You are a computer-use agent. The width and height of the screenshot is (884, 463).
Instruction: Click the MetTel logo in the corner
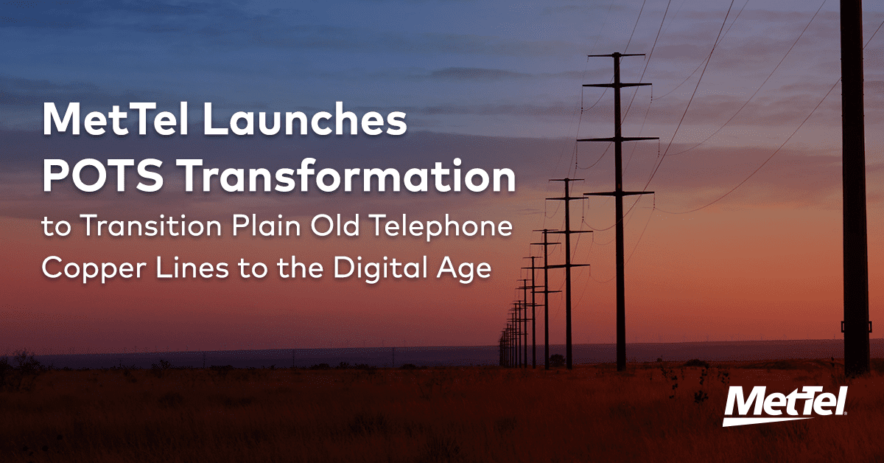point(785,405)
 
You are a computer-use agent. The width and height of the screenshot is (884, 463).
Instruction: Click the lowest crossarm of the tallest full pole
point(617,193)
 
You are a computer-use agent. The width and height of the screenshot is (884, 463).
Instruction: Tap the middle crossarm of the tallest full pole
point(617,139)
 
